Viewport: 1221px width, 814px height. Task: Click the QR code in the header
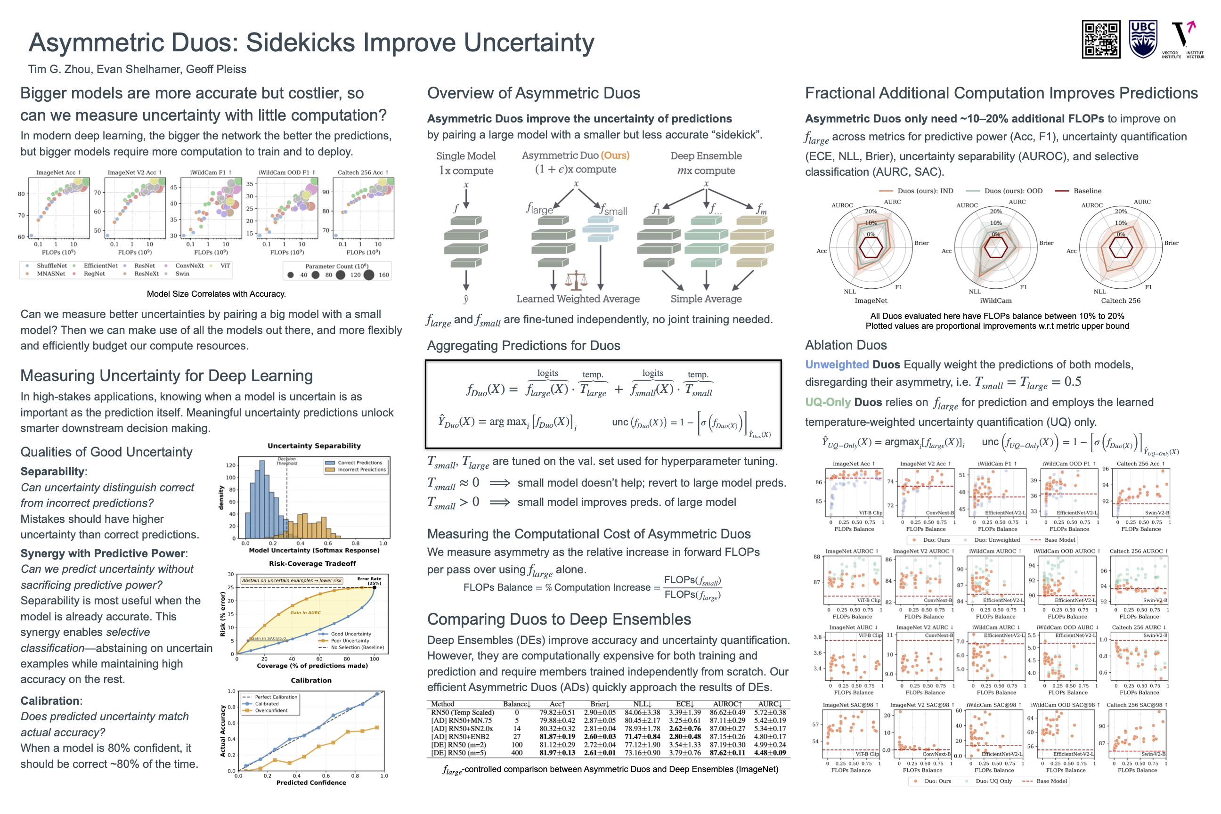[x=1100, y=39]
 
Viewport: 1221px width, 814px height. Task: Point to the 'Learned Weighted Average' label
[x=578, y=299]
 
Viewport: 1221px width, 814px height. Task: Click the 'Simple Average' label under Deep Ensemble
[x=706, y=299]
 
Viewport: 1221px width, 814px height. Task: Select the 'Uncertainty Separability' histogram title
[x=314, y=446]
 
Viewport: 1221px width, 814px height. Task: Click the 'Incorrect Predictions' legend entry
[x=361, y=470]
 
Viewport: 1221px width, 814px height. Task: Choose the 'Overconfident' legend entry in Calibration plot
[x=270, y=711]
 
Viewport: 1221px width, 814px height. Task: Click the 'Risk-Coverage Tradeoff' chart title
[x=312, y=564]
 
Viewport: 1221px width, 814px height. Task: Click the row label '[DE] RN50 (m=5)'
[x=458, y=753]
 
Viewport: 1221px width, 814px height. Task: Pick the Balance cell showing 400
[x=517, y=753]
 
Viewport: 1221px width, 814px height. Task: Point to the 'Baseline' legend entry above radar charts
[x=1087, y=191]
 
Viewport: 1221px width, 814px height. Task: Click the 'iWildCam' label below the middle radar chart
[x=996, y=301]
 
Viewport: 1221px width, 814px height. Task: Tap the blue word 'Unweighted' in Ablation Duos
[x=837, y=365]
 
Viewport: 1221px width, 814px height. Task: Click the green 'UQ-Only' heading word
[x=828, y=403]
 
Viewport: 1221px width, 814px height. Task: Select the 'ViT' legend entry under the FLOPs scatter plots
[x=225, y=266]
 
